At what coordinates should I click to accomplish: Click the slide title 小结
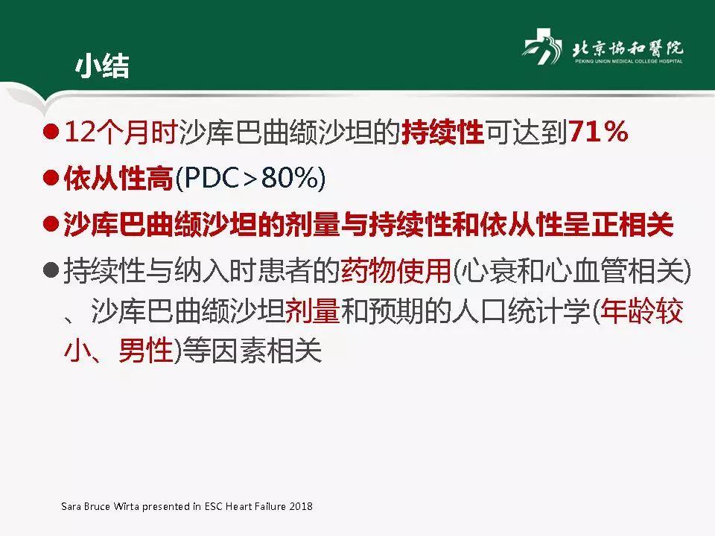[101, 66]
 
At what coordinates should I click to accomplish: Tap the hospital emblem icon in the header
[541, 49]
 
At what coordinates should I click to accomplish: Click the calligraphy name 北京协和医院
[626, 47]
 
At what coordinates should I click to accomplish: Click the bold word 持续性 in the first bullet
[442, 133]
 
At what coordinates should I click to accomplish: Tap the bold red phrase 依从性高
[118, 179]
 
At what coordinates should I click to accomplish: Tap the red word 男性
[146, 351]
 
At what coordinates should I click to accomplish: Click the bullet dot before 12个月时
[51, 133]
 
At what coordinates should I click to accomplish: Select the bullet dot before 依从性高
[51, 179]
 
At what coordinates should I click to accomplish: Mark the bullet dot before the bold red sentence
[51, 224]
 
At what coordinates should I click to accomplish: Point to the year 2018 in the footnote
[301, 506]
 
